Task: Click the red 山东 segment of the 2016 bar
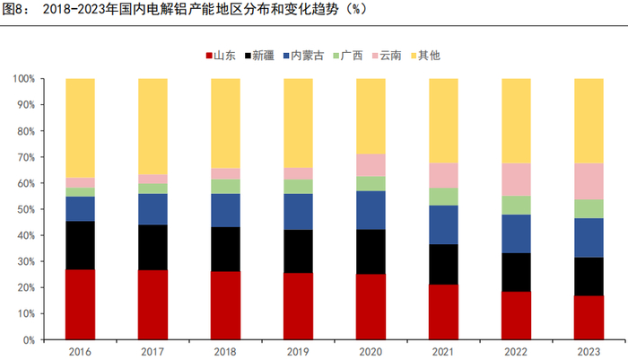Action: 80,304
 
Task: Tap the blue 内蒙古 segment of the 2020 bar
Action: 371,210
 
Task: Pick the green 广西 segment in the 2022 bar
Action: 516,205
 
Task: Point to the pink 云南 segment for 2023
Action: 589,181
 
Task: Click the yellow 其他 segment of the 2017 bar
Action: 153,126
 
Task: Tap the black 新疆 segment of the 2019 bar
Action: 298,251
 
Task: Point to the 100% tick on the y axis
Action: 24,79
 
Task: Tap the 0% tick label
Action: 30,340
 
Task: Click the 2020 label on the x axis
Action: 371,351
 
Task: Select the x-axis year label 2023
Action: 589,351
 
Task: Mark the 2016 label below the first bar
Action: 80,351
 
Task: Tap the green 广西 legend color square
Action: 334,56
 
